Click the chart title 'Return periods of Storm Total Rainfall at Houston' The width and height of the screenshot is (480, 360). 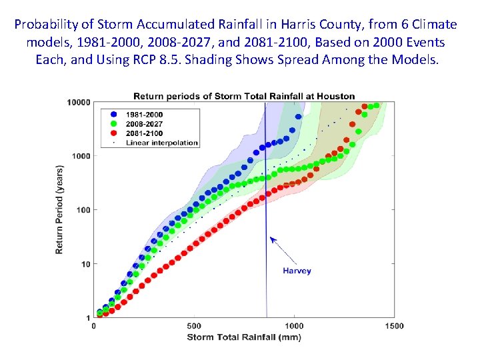click(x=244, y=96)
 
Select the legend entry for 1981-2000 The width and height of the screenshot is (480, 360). click(x=146, y=115)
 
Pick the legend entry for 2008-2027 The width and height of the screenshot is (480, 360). click(x=146, y=124)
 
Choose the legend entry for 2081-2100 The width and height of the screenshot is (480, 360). click(x=146, y=133)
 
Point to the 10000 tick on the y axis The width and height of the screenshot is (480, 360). click(x=79, y=102)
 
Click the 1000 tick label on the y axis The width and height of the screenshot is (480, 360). click(x=81, y=156)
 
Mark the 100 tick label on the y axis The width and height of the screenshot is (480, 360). click(x=83, y=210)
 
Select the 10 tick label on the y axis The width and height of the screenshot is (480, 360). click(x=85, y=264)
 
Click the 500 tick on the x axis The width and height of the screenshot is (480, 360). click(x=193, y=326)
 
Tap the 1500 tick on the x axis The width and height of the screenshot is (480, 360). click(x=394, y=326)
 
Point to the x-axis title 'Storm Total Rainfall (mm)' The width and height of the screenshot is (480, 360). click(x=244, y=337)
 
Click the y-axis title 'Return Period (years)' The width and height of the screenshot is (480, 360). click(x=59, y=209)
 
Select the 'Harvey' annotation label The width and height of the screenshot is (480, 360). click(x=297, y=271)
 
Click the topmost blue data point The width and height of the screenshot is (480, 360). click(x=298, y=117)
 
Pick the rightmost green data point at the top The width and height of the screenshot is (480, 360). click(x=377, y=105)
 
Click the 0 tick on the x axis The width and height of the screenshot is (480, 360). click(x=93, y=326)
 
